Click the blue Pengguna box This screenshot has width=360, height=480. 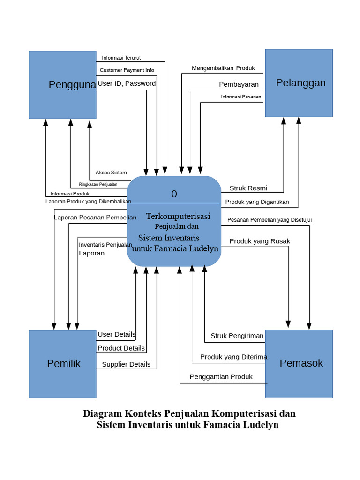[x=62, y=84]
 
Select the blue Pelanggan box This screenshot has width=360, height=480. [x=299, y=83]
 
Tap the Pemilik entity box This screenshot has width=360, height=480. [x=62, y=364]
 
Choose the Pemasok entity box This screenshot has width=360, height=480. [x=299, y=363]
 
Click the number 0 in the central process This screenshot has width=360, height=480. [x=174, y=194]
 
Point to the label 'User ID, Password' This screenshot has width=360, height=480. [x=127, y=83]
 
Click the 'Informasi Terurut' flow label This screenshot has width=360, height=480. [x=121, y=58]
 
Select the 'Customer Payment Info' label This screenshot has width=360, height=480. [x=127, y=70]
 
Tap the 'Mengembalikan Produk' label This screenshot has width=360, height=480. [x=223, y=68]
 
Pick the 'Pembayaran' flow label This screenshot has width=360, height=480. [x=239, y=84]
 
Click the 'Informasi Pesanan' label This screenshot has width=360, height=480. [x=241, y=97]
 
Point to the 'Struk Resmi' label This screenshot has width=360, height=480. [x=248, y=188]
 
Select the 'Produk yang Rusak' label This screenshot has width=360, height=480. [x=260, y=241]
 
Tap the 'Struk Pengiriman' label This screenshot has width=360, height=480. [x=237, y=336]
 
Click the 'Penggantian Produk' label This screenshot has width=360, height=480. [x=221, y=377]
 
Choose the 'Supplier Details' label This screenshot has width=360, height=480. [x=126, y=364]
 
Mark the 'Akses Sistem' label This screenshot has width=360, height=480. [x=111, y=172]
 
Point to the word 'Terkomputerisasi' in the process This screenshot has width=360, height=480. [x=178, y=216]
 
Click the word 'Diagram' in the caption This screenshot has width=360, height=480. [x=102, y=413]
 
